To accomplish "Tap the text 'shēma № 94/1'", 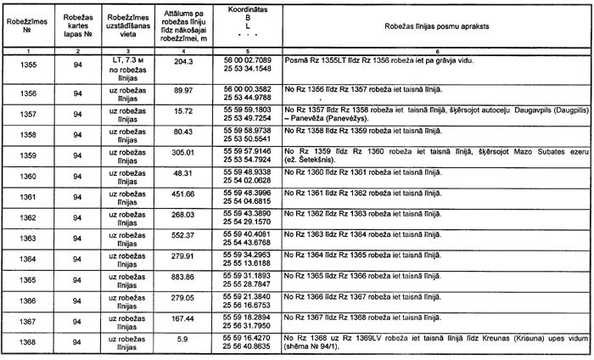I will click(312, 348).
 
